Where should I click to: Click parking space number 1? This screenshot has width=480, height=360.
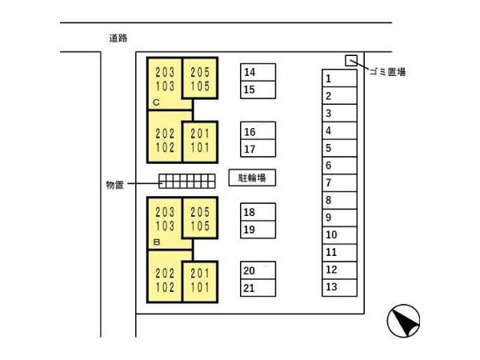(x=339, y=78)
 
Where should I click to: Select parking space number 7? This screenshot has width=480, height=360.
(x=339, y=182)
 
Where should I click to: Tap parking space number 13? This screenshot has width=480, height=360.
(x=339, y=287)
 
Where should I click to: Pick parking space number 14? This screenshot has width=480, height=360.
(x=258, y=72)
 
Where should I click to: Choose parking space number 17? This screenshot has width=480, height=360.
(x=258, y=148)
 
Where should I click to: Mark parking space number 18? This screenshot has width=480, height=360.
(x=258, y=212)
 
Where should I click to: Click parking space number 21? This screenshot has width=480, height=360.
(x=258, y=288)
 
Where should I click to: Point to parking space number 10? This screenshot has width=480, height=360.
(x=339, y=235)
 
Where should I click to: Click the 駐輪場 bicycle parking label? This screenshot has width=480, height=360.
(x=252, y=178)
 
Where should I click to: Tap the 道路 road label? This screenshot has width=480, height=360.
(x=119, y=38)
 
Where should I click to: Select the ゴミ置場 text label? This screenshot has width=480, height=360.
(x=388, y=72)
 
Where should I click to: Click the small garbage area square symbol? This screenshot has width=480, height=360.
(x=350, y=60)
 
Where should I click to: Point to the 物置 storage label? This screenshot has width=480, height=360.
(x=115, y=185)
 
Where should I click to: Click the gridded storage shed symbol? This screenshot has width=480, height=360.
(x=186, y=181)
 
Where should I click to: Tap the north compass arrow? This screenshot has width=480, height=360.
(x=404, y=322)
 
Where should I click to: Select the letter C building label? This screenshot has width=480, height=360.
(x=157, y=102)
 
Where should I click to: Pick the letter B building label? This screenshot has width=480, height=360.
(x=158, y=241)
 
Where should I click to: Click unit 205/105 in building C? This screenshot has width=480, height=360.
(x=200, y=78)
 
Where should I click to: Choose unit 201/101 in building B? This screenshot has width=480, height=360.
(x=200, y=280)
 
